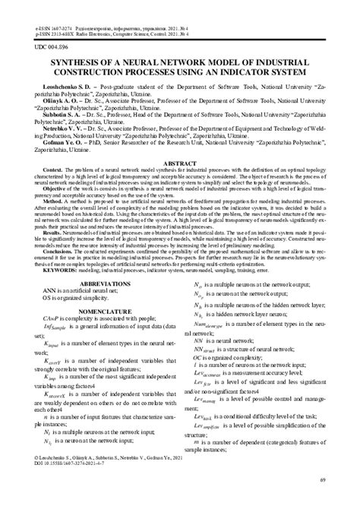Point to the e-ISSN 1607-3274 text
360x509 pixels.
pos(53,27)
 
